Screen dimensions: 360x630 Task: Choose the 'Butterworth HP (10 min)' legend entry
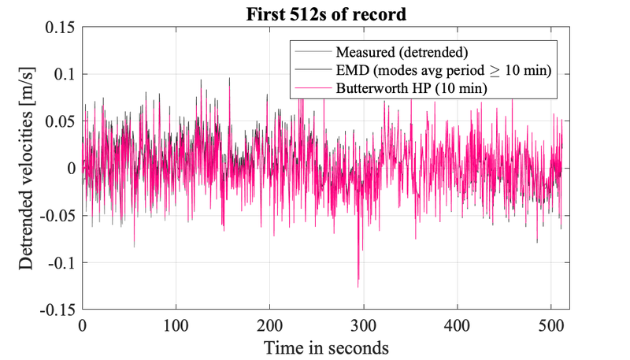coord(410,90)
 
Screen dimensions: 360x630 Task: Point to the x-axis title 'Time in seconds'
coord(325,347)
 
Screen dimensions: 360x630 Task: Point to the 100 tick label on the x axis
coord(176,324)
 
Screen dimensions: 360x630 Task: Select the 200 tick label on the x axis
coord(270,324)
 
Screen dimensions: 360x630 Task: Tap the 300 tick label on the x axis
coord(364,324)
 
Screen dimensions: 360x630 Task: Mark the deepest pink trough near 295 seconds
coord(358,287)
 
